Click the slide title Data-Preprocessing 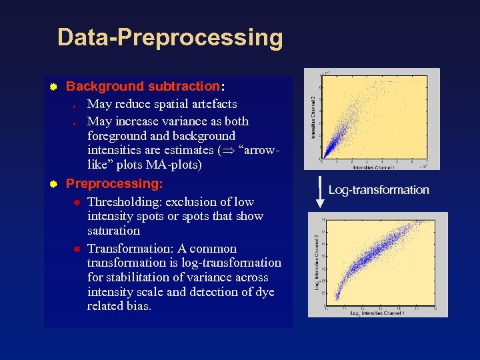[x=170, y=37]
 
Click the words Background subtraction [x=143, y=86]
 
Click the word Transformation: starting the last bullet [x=129, y=248]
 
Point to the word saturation [x=113, y=231]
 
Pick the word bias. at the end [x=138, y=307]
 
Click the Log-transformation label [x=379, y=190]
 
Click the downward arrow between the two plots [x=320, y=190]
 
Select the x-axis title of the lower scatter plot [x=379, y=313]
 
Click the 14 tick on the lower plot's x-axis [x=398, y=308]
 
